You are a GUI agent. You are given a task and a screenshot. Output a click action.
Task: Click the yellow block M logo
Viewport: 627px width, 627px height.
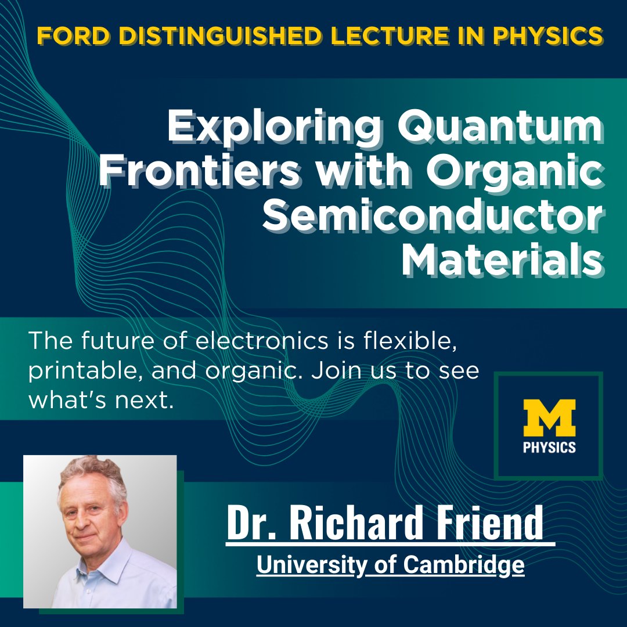(549, 418)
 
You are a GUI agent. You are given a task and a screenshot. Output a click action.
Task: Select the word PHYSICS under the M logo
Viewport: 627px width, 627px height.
(549, 447)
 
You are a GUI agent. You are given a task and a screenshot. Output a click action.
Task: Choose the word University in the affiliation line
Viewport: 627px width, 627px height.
(308, 565)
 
